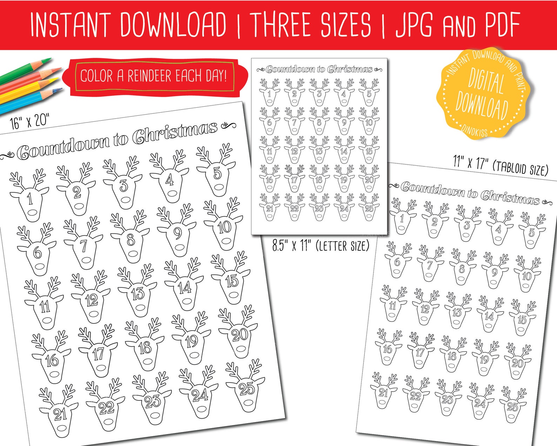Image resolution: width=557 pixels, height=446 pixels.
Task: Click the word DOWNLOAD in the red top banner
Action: (173, 25)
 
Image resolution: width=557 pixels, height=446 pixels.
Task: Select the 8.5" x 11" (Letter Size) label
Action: (321, 246)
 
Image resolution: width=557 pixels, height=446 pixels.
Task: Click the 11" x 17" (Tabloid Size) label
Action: (500, 165)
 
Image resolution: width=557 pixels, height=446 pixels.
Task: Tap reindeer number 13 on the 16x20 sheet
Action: (137, 293)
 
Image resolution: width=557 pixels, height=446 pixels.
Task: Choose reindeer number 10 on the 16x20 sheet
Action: (224, 226)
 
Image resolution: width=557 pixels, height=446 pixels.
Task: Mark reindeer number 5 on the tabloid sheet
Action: (531, 232)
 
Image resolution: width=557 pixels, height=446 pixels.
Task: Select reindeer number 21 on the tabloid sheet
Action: (383, 392)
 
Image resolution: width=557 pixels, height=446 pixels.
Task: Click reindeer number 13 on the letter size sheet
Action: (319, 152)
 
